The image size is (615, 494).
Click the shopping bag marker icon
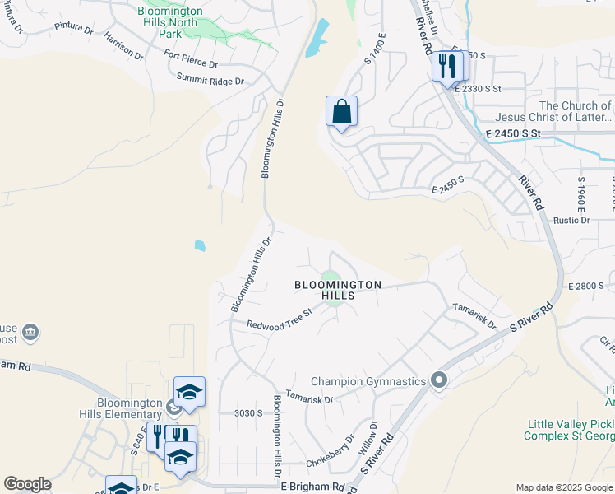point(341,111)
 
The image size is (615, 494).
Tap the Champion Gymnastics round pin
point(439,380)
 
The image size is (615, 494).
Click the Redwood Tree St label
point(280,318)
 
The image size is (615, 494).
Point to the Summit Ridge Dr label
point(210,80)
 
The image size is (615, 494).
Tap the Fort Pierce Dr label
point(190,59)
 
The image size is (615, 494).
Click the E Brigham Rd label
point(313,487)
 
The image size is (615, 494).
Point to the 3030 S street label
point(247,412)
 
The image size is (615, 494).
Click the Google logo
point(27,484)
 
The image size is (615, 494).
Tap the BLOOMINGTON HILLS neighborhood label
point(338,291)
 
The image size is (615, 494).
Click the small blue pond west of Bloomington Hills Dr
point(200,245)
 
